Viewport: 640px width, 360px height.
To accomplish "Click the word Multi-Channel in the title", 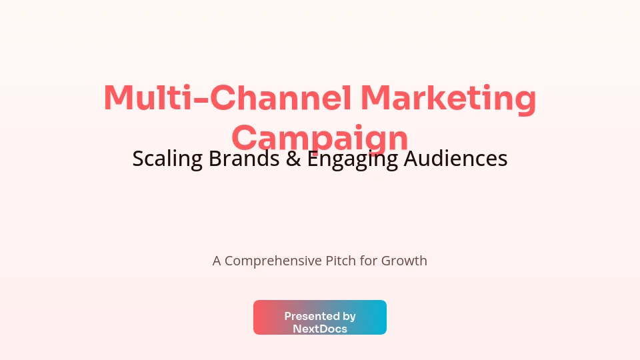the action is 227,97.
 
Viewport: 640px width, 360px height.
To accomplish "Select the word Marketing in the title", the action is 449,100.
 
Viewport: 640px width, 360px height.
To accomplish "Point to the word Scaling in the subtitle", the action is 167,159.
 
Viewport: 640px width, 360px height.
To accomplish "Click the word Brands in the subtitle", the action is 244,159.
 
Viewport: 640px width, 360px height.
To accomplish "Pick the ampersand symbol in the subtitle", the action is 293,159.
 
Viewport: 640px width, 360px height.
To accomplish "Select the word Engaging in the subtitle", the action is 353,159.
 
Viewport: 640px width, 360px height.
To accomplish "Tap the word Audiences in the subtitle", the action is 456,159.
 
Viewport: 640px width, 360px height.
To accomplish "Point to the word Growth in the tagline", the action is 404,261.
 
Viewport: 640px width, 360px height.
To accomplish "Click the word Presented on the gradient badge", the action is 309,316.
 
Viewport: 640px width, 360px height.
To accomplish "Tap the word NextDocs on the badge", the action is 320,329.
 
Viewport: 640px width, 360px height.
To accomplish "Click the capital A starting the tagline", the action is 217,261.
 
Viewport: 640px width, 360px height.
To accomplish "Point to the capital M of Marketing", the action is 375,97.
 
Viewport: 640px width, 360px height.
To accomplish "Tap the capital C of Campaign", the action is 244,138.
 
